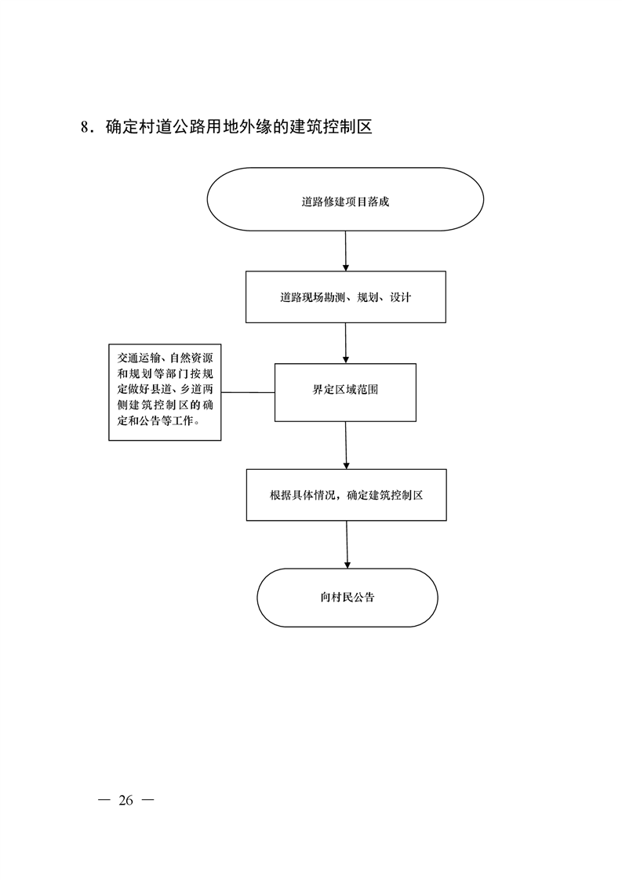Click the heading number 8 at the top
(85, 127)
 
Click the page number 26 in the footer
(125, 800)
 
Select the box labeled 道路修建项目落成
(345, 199)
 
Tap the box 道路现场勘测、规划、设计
(346, 297)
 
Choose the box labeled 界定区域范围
(345, 392)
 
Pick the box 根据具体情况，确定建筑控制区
(347, 495)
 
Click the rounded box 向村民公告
(347, 597)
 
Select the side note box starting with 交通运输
(165, 392)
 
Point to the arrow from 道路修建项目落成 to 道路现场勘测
(345, 251)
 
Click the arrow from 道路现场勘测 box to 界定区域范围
(346, 343)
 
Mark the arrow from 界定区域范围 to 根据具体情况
(346, 445)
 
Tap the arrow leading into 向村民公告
(347, 544)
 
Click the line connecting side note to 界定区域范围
(248, 392)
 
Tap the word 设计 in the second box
(400, 297)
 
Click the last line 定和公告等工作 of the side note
(157, 421)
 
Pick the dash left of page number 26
(104, 800)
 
